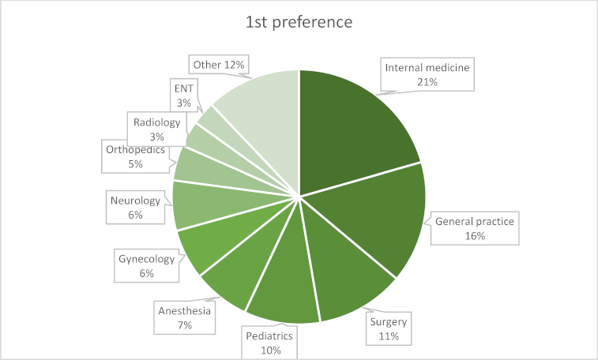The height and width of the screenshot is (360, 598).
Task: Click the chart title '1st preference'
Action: click(x=299, y=21)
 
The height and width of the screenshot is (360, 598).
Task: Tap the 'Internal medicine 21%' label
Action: click(x=427, y=75)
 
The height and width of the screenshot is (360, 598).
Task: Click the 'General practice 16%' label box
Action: click(x=475, y=229)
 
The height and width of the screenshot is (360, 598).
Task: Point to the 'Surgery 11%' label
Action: click(x=388, y=329)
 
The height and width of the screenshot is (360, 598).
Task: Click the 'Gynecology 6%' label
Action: click(x=146, y=266)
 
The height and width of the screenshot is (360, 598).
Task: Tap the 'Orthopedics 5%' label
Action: click(x=135, y=156)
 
